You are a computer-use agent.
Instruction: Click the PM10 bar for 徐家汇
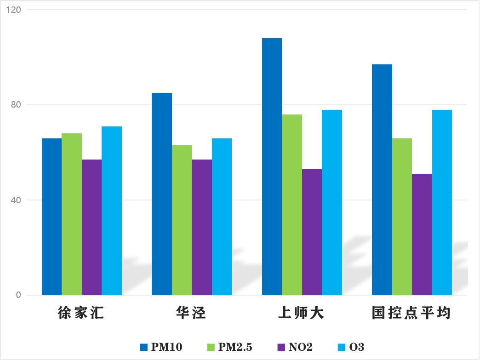point(51,217)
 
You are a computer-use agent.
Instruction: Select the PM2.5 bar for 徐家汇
point(72,214)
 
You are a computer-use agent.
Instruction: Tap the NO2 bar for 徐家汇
point(91,227)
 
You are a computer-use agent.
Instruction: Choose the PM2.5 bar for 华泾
point(182,220)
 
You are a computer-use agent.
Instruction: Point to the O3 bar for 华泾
point(222,217)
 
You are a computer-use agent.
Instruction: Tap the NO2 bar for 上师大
point(312,232)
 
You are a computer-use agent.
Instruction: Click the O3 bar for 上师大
point(332,202)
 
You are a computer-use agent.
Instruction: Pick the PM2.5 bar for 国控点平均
point(402,217)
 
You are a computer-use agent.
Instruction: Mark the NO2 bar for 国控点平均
point(422,234)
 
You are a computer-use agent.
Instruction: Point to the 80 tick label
point(17,105)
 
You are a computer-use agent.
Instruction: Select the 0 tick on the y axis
point(18,295)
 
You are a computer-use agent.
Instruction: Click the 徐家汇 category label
point(81,314)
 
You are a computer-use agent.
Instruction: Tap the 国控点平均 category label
point(411,314)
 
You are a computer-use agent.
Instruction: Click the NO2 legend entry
point(294,347)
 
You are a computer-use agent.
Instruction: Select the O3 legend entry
point(351,347)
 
